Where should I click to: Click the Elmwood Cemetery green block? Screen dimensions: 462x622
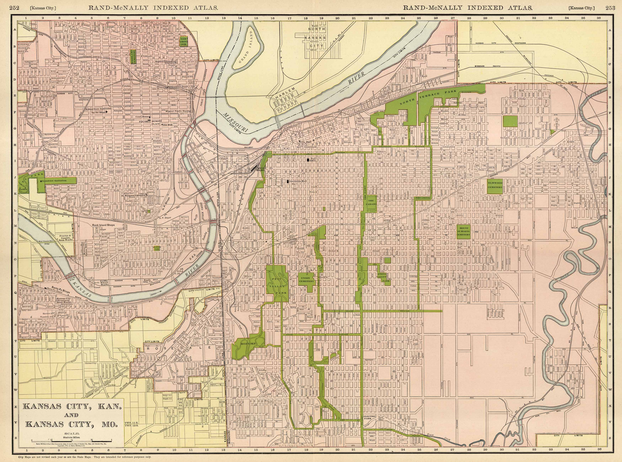pyautogui.click(x=495, y=186)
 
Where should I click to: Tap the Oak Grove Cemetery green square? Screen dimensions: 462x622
pyautogui.click(x=184, y=41)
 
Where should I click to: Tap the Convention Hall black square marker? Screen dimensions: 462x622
pyautogui.click(x=288, y=181)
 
